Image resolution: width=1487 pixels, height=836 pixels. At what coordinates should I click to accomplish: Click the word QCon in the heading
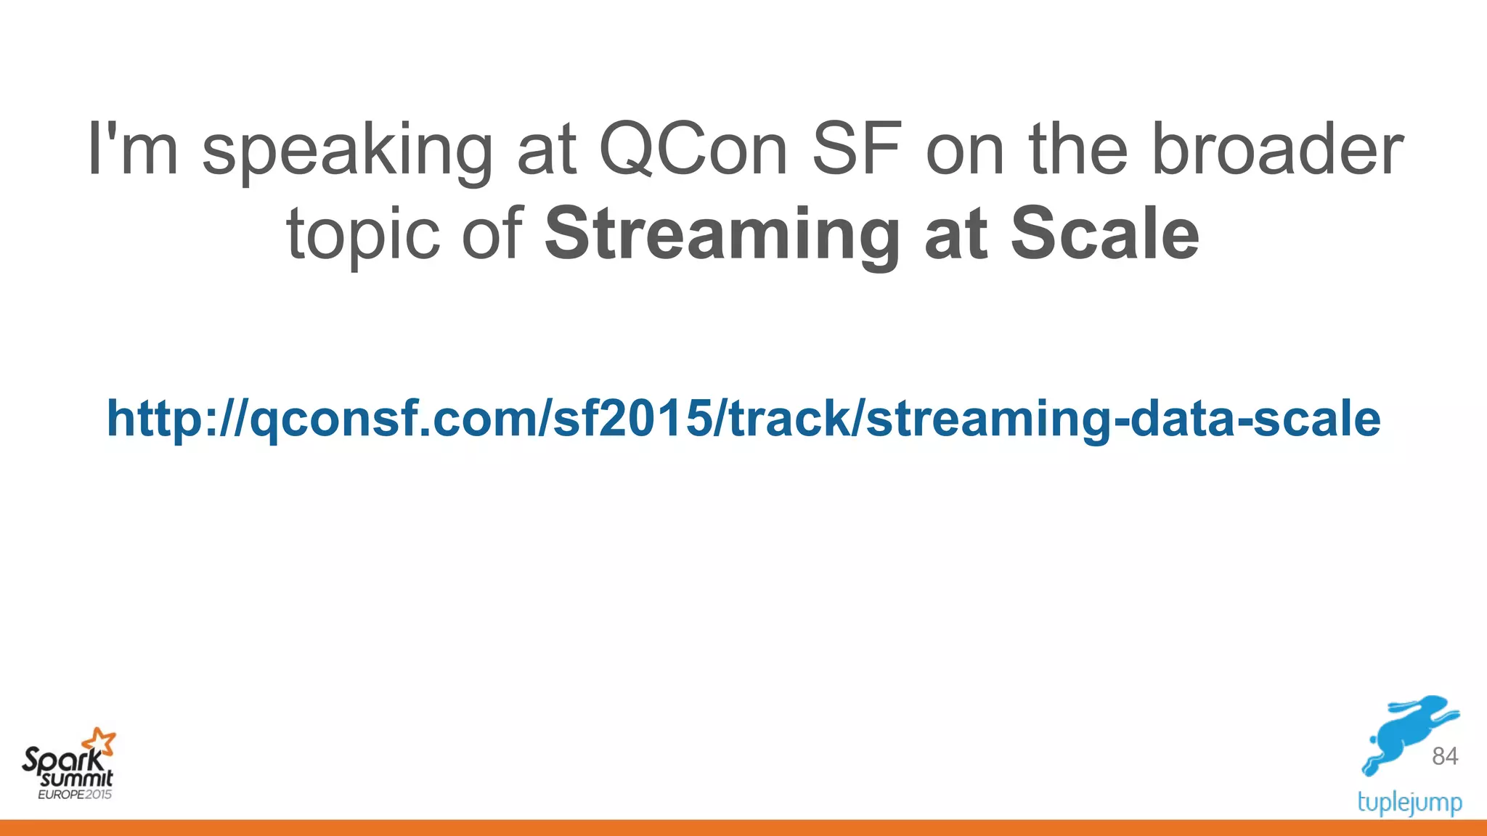tap(693, 149)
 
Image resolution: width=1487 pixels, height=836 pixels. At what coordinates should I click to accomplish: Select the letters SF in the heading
tap(857, 149)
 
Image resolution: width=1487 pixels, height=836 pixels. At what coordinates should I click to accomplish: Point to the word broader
tap(1277, 149)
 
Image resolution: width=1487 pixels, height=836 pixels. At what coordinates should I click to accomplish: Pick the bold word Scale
tap(1105, 234)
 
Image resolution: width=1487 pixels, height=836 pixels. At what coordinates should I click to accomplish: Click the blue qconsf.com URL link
tap(743, 419)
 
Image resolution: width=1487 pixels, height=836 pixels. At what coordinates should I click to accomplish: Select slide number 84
tap(1445, 756)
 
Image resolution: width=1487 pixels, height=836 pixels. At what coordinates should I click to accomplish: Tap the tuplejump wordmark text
tap(1409, 803)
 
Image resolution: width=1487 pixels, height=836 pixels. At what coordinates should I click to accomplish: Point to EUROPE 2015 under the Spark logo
tap(75, 795)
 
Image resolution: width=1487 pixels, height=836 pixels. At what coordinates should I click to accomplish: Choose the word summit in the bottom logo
tap(77, 779)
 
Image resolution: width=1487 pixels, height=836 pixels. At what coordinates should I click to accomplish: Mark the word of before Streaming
tap(492, 234)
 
